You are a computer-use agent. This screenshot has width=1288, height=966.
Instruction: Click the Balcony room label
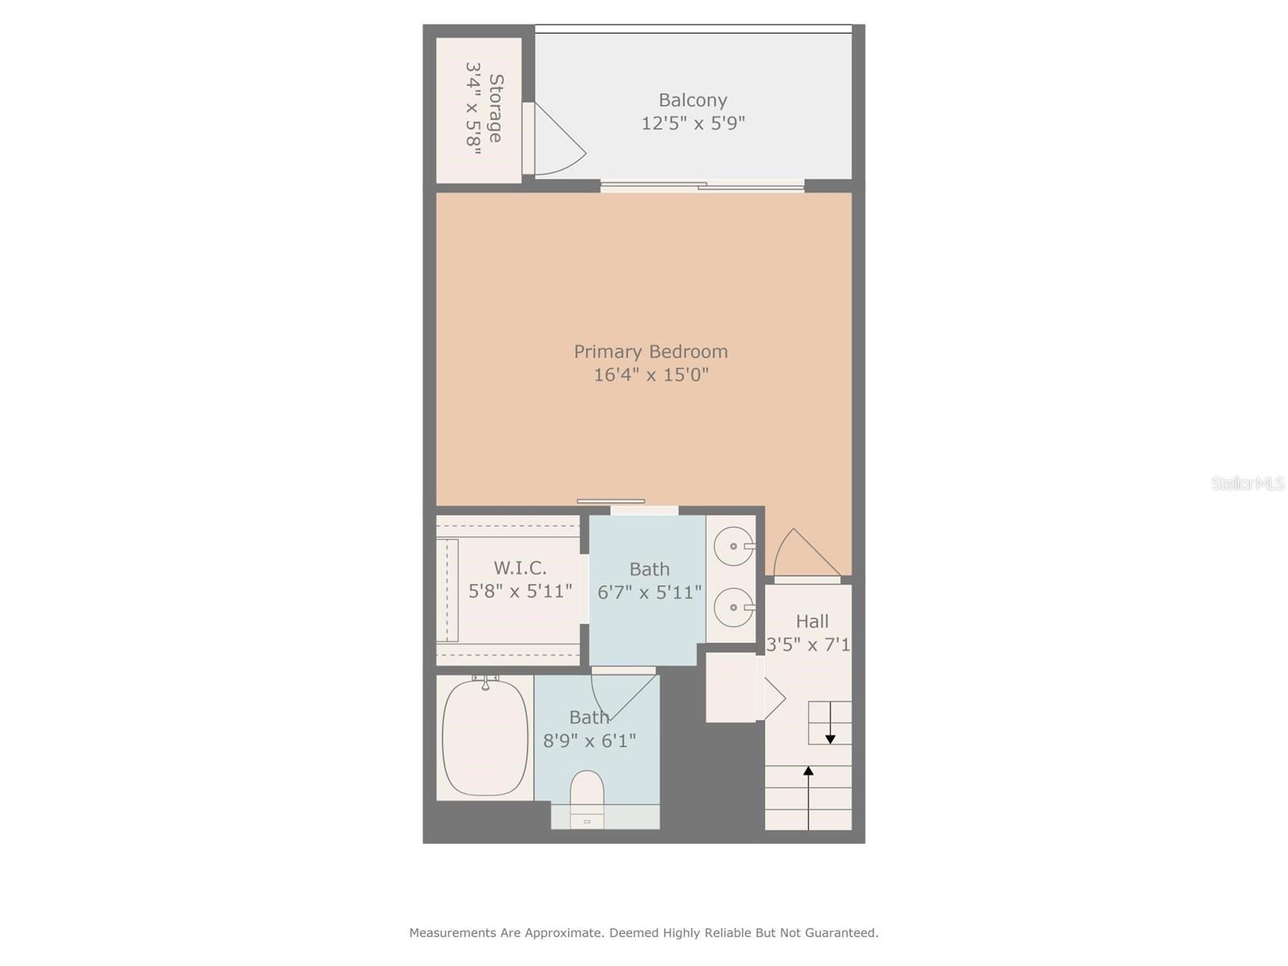tap(692, 100)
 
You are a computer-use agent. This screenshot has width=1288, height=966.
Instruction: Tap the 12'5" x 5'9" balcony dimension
tap(692, 123)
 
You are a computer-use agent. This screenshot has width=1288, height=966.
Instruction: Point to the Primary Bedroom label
tap(650, 351)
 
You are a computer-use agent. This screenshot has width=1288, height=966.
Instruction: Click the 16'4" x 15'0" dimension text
tap(650, 374)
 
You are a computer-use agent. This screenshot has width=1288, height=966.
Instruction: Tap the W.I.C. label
tap(520, 568)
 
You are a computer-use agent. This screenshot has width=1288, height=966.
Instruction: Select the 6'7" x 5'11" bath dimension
tap(649, 592)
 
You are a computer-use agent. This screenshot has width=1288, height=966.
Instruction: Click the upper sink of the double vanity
tap(734, 547)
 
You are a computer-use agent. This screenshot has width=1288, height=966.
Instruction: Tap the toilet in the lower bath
tap(587, 793)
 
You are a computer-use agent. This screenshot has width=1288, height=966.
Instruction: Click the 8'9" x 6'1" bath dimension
tap(589, 741)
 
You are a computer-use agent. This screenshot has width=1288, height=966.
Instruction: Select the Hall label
tap(811, 621)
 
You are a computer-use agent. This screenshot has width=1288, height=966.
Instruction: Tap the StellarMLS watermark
tap(1247, 484)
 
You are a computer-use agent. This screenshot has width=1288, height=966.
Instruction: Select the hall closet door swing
tap(772, 697)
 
